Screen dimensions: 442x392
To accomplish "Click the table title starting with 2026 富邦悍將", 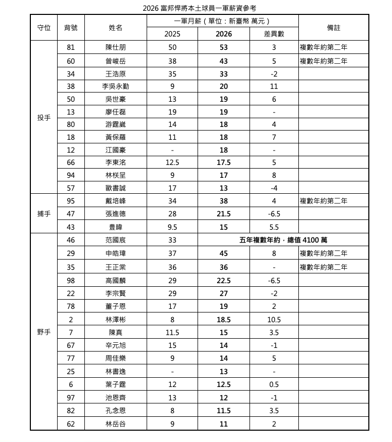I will point(199,8).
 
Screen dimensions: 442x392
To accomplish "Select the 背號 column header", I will point(71,28).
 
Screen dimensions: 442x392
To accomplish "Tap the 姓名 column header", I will point(116,28).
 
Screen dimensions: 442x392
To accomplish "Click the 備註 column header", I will point(333,28).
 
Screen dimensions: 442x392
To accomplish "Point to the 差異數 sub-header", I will point(274,34).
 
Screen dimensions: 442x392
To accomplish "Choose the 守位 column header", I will point(44,28).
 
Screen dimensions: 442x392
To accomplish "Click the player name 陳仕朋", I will point(116,48).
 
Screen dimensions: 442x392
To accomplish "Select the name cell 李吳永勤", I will point(116,86).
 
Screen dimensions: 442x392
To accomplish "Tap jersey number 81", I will point(71,48).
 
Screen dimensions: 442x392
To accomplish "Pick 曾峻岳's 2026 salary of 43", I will point(224,61).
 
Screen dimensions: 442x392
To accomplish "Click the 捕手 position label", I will point(44,214).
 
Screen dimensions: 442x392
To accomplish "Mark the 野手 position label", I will point(44,332).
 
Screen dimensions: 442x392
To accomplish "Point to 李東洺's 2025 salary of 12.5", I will point(172,163).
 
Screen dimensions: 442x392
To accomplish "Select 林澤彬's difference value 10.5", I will point(274,320).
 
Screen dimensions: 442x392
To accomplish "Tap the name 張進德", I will point(116,214).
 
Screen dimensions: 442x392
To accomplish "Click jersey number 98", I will point(71,281).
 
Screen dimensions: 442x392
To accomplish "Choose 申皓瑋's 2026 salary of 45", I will point(224,253).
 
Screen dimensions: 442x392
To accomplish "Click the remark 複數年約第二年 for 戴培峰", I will point(324,201).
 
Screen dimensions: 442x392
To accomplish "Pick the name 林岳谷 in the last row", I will point(116,424).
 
